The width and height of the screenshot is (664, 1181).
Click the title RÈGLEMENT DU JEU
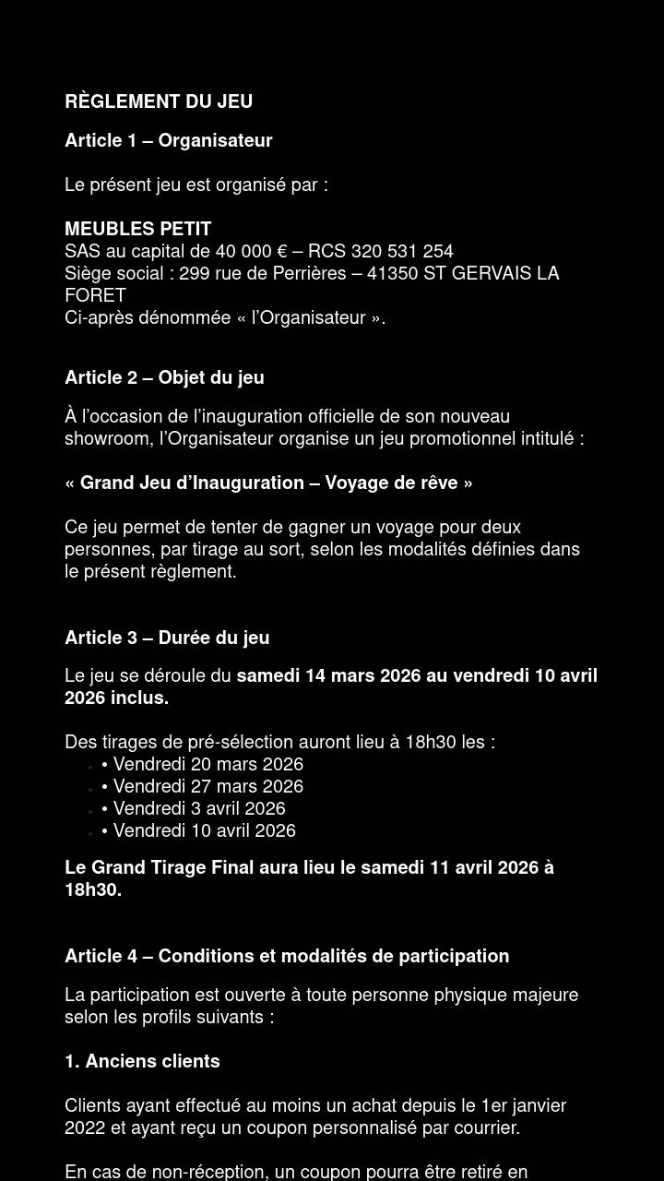click(x=159, y=101)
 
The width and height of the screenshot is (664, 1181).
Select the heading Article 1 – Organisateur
click(x=168, y=140)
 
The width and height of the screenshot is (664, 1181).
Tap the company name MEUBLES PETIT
click(x=138, y=229)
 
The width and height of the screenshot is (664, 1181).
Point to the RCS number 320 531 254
click(x=402, y=251)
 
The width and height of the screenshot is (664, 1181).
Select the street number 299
click(x=195, y=273)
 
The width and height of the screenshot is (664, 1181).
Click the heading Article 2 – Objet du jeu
click(x=164, y=377)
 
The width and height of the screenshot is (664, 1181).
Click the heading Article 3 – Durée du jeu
click(x=167, y=638)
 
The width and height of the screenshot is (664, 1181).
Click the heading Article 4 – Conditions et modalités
click(x=287, y=956)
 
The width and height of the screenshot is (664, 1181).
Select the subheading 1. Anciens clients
click(x=142, y=1061)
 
